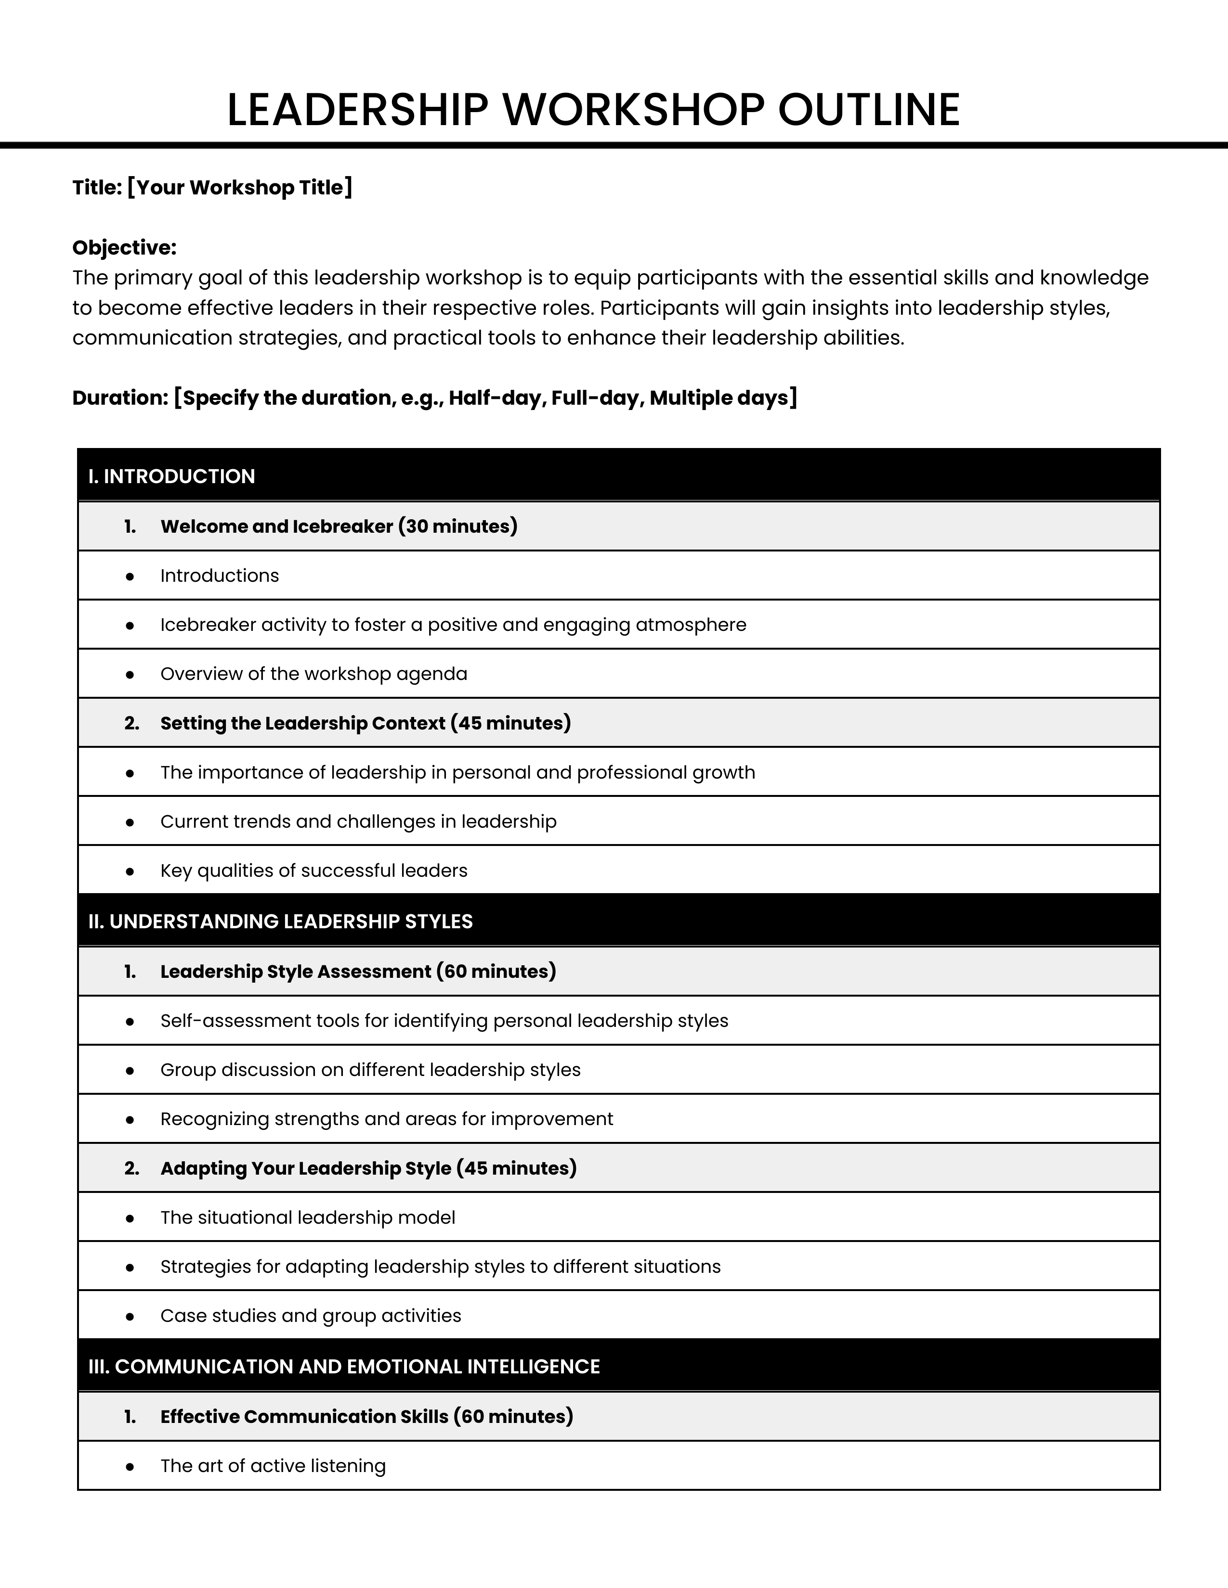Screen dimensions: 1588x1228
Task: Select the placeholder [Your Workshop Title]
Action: click(239, 188)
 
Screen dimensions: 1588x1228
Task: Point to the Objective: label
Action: click(124, 248)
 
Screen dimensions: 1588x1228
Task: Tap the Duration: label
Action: click(120, 398)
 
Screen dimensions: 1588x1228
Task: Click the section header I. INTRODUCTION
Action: click(172, 476)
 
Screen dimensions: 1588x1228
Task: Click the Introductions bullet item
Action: click(219, 576)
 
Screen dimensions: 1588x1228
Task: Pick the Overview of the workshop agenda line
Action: click(314, 674)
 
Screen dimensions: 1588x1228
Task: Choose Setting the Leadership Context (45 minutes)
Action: click(365, 723)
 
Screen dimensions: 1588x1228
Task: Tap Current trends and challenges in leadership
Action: click(358, 821)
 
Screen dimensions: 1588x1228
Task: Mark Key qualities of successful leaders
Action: click(314, 871)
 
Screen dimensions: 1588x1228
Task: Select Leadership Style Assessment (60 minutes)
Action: click(358, 972)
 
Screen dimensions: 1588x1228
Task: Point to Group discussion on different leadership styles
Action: click(370, 1070)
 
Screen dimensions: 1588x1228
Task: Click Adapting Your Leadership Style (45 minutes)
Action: click(368, 1168)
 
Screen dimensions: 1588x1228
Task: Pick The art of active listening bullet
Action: click(273, 1465)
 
